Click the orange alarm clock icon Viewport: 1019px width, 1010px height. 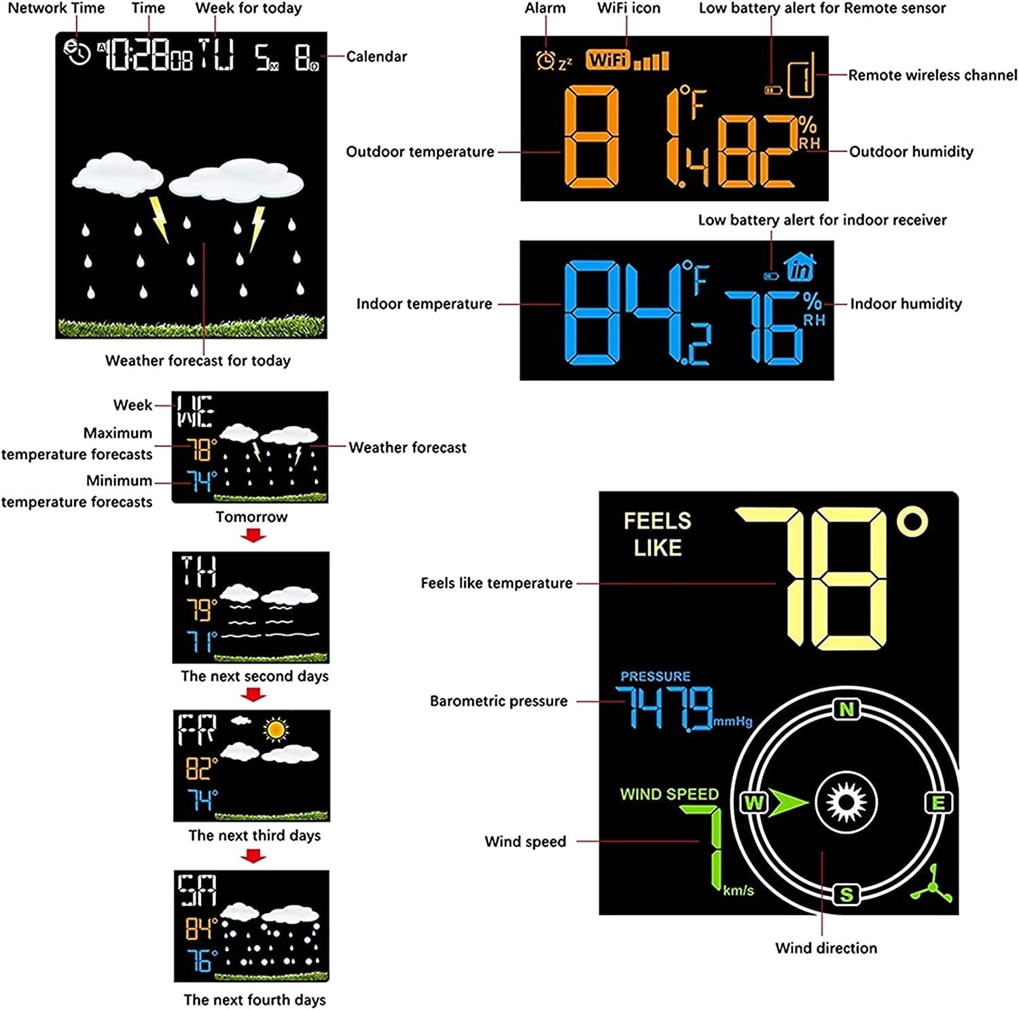(x=545, y=61)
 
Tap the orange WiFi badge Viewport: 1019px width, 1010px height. (x=607, y=60)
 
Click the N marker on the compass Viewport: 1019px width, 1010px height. (x=846, y=710)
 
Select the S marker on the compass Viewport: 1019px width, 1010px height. (x=846, y=894)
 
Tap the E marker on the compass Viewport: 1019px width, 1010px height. (x=938, y=803)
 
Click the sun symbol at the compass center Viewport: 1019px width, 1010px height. (x=846, y=803)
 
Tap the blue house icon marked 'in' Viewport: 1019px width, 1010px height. (x=800, y=267)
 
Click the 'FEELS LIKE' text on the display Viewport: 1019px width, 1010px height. (x=657, y=535)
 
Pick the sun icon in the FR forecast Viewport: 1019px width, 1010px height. (x=275, y=729)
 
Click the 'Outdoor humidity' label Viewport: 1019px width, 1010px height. (x=911, y=151)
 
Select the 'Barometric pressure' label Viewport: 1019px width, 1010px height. (x=499, y=701)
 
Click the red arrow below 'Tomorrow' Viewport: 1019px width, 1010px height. (x=253, y=536)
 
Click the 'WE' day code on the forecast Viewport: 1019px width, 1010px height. (x=195, y=411)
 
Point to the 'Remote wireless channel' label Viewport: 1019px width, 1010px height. (x=932, y=75)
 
